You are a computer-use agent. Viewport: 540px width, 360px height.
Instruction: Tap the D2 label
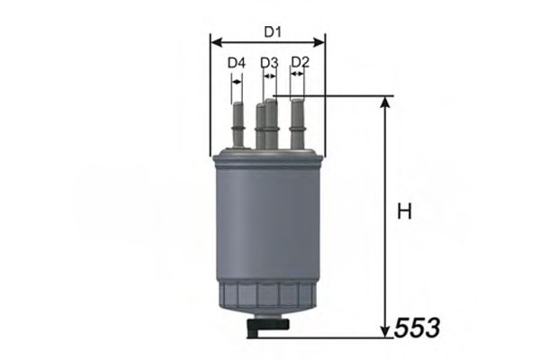pos(301,62)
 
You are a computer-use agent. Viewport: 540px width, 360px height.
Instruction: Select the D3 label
pos(269,63)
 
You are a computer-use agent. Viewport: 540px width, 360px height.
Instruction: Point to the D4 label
pos(236,63)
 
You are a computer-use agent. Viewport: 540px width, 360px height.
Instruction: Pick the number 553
pos(418,328)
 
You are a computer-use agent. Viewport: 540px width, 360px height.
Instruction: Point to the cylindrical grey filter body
pos(267,225)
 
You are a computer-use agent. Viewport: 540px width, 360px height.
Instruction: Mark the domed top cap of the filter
pos(267,158)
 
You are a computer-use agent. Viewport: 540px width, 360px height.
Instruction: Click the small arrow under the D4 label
pos(236,79)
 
